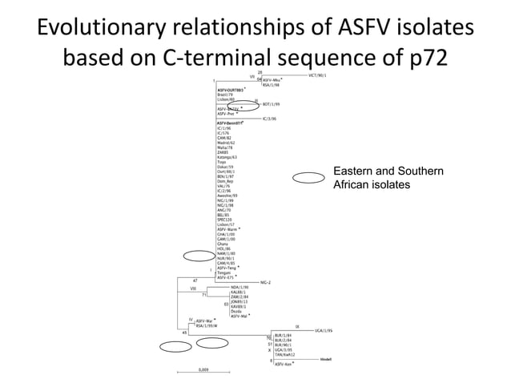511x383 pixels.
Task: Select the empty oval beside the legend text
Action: (x=308, y=178)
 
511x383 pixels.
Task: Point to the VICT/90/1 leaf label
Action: (x=317, y=74)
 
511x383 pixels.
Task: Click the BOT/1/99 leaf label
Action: (x=272, y=104)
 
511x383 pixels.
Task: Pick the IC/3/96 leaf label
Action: (x=271, y=119)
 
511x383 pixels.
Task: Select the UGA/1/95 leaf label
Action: (x=324, y=329)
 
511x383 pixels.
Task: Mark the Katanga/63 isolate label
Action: (x=227, y=157)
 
